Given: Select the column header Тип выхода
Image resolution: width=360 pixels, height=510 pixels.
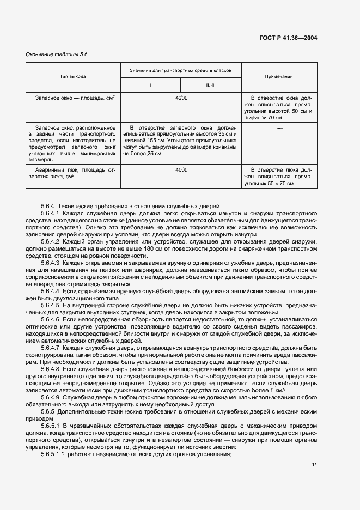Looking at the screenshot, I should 73,77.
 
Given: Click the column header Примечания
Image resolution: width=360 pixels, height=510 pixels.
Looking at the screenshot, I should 278,77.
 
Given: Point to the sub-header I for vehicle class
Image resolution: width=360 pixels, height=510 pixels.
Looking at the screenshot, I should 150,86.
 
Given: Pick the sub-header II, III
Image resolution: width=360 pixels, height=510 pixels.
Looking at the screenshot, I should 211,86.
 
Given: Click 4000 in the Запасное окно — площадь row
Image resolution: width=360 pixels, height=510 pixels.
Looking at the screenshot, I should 181,98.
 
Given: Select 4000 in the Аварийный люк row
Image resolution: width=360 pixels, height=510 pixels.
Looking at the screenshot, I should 181,170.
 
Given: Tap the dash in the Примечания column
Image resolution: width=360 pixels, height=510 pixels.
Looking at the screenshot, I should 279,127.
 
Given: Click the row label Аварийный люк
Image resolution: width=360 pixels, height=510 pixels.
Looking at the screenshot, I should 55,170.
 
